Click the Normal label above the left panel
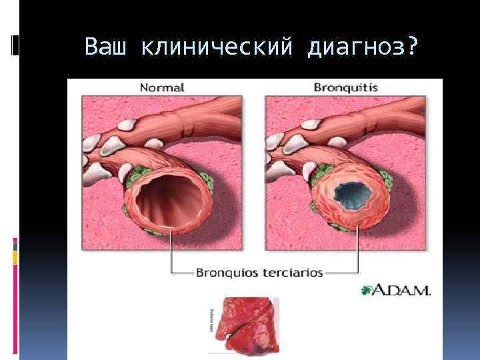tap(162, 87)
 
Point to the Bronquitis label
tap(345, 87)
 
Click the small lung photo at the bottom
tap(243, 324)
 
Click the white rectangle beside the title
tap(15, 44)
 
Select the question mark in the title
tap(413, 47)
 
